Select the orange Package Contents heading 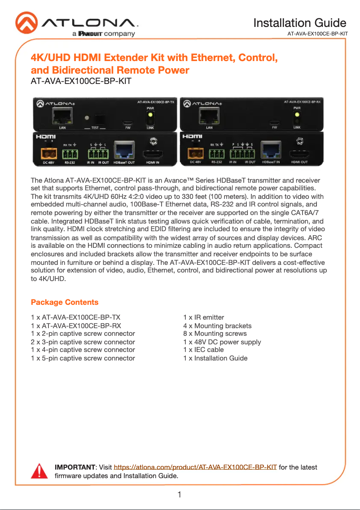coord(65,302)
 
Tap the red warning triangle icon coord(39,471)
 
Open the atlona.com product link coord(195,467)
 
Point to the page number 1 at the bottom coord(179,495)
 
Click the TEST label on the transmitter coord(95,128)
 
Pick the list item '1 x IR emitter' coord(203,318)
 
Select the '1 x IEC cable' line coord(203,350)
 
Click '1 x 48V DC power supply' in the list coord(222,342)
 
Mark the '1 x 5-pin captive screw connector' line coord(83,358)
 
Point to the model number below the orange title coord(81,82)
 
